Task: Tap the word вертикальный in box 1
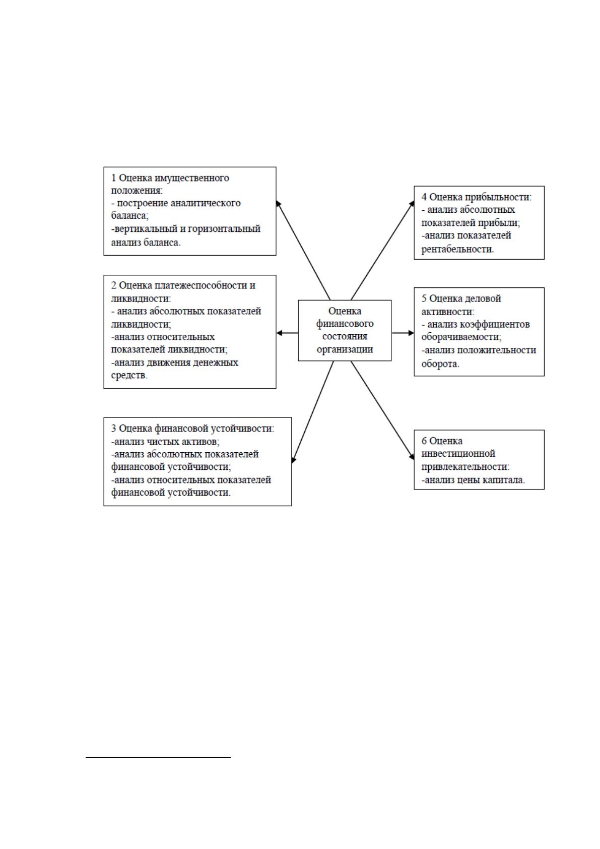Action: coord(149,229)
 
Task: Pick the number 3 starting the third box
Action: coord(114,429)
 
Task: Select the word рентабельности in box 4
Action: coord(456,249)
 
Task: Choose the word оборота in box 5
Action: coord(439,364)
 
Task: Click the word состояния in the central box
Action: coord(345,336)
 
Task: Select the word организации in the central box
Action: coord(345,349)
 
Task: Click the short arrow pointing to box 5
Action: coord(403,333)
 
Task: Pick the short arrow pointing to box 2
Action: coord(288,333)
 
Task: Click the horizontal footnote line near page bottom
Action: coord(158,758)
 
